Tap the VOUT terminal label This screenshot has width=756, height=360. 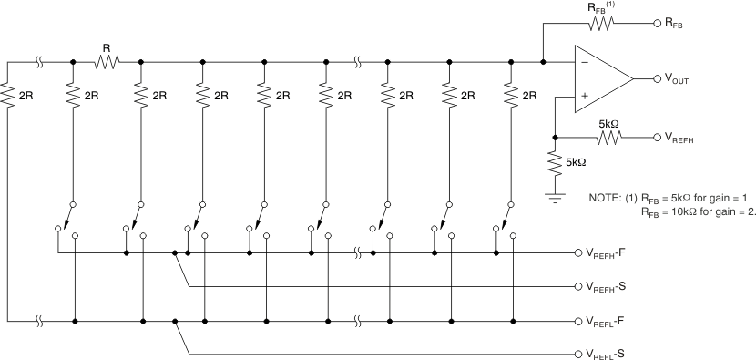[x=679, y=79]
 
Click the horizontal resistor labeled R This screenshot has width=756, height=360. [x=107, y=62]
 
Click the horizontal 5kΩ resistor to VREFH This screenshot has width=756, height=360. [x=609, y=138]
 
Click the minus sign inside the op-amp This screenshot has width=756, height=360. [x=583, y=64]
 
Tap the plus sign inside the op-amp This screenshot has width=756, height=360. [x=583, y=95]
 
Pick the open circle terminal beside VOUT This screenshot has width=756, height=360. [x=654, y=79]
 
